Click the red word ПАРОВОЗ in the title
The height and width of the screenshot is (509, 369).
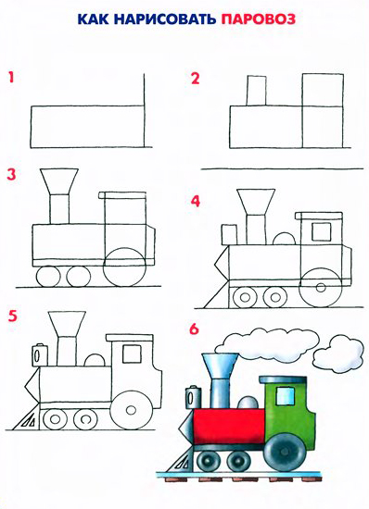pyautogui.click(x=258, y=19)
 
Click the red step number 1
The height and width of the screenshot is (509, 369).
pyautogui.click(x=12, y=78)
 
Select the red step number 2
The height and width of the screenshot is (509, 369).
pyautogui.click(x=195, y=79)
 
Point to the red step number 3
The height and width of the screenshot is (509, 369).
pyautogui.click(x=11, y=174)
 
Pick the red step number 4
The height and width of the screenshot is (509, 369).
pyautogui.click(x=196, y=201)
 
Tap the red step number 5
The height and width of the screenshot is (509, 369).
pyautogui.click(x=12, y=316)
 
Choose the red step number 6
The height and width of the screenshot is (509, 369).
pyautogui.click(x=194, y=329)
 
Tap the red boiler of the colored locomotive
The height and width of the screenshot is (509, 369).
pyautogui.click(x=229, y=426)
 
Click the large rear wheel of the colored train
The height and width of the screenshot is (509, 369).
pyautogui.click(x=286, y=453)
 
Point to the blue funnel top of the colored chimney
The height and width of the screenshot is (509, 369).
pyautogui.click(x=220, y=365)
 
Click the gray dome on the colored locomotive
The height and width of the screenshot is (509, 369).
pyautogui.click(x=248, y=402)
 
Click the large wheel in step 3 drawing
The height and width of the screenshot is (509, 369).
pyautogui.click(x=125, y=267)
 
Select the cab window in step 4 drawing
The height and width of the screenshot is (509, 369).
pyautogui.click(x=321, y=231)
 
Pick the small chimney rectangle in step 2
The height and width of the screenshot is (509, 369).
pyautogui.click(x=256, y=91)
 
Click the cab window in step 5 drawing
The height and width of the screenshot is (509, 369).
pyautogui.click(x=132, y=354)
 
